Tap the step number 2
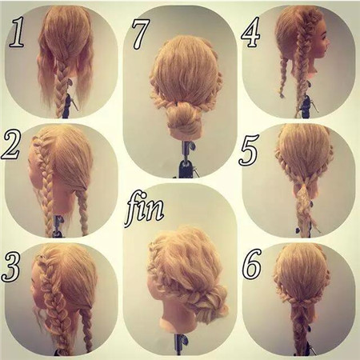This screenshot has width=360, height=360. click(x=11, y=145)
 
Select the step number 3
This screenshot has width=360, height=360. click(x=11, y=266)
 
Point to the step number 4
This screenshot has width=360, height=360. click(x=250, y=32)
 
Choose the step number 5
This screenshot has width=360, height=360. click(x=249, y=150)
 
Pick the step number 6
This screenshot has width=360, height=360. click(x=252, y=263)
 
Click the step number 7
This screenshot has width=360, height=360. click(x=141, y=34)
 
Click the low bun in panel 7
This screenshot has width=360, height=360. click(x=184, y=118)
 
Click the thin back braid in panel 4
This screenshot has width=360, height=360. click(x=283, y=78)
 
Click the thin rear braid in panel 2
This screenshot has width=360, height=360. click(x=83, y=210)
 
